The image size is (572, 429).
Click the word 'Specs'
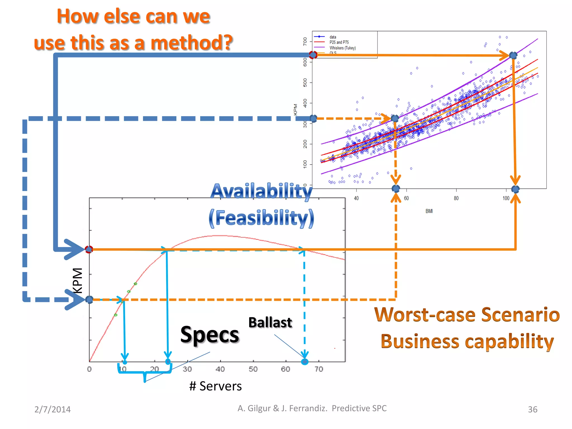point(209,335)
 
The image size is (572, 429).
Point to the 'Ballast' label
point(270,323)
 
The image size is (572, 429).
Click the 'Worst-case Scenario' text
point(467,315)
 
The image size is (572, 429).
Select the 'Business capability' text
point(467,341)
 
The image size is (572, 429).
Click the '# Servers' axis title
point(215,386)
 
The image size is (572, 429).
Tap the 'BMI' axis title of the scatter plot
point(429,211)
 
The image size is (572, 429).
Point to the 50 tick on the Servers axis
point(253,369)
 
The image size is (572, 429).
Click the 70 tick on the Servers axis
point(319,369)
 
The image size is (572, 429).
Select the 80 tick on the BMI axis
point(456,198)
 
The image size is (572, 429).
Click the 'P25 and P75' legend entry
point(339,42)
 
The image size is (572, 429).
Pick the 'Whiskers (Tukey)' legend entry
point(342,48)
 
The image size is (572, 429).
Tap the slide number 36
point(532,409)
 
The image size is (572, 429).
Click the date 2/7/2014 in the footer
point(53,409)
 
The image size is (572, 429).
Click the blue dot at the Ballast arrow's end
point(305,362)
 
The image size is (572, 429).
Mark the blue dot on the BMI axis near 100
point(515,189)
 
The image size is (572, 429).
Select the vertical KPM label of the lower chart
point(78,280)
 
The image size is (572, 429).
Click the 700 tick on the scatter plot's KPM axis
point(305,41)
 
